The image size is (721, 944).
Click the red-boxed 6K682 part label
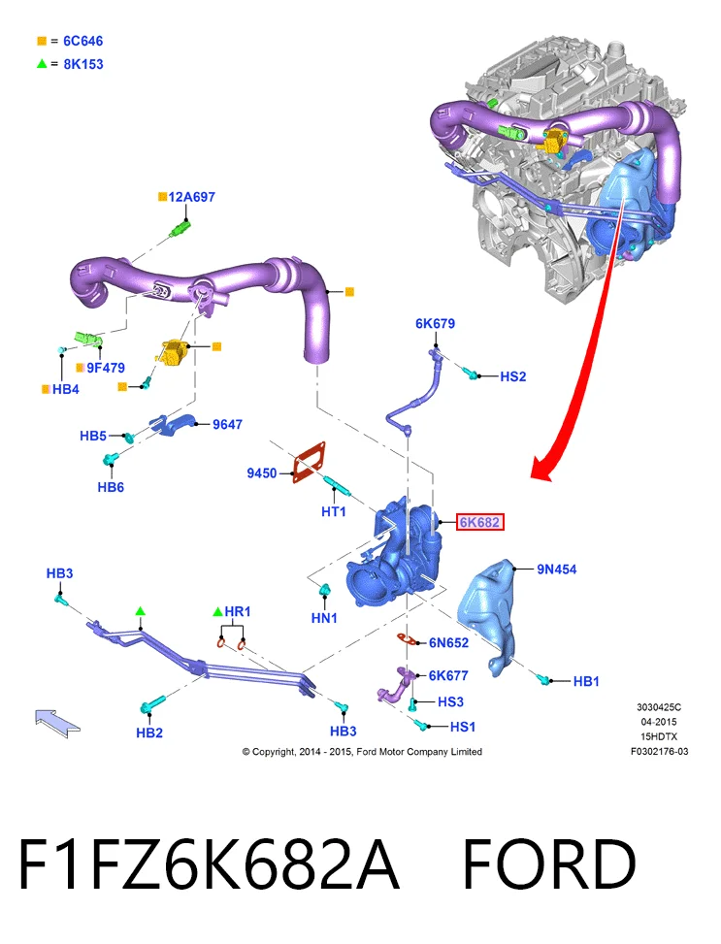tap(479, 522)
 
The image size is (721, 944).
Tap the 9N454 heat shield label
tap(557, 569)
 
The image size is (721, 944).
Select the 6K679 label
tap(435, 323)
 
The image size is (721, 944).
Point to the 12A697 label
tap(191, 197)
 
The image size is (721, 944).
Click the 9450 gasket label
tap(262, 473)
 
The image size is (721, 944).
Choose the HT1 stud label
tap(334, 511)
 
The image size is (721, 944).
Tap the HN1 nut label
tap(324, 618)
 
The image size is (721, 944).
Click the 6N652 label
tap(448, 643)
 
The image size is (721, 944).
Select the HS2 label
tap(513, 376)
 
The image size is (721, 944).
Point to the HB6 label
tap(111, 487)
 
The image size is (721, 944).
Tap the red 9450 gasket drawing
tap(309, 463)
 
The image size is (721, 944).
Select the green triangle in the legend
tap(42, 63)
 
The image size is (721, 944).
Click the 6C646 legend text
tap(83, 41)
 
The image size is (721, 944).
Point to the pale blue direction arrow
tap(56, 723)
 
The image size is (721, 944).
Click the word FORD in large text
tap(549, 864)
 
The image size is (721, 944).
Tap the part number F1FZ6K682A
tap(209, 864)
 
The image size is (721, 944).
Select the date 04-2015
tap(659, 722)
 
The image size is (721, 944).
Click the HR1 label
tap(238, 611)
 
